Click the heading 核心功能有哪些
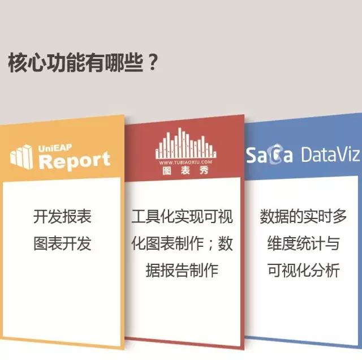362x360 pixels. click(x=75, y=63)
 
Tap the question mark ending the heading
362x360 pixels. click(x=152, y=63)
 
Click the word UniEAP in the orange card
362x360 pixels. click(x=55, y=148)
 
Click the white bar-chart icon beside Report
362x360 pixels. click(x=21, y=156)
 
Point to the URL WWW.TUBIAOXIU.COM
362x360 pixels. click(x=186, y=162)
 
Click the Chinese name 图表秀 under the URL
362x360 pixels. click(x=186, y=170)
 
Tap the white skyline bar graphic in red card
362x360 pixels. click(x=186, y=143)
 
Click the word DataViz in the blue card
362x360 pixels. click(x=330, y=154)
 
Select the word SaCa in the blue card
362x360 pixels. click(x=269, y=155)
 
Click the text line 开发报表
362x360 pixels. click(x=62, y=216)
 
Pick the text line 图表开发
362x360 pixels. click(x=62, y=243)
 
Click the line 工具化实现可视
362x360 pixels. click(x=182, y=216)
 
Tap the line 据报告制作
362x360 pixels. click(x=182, y=271)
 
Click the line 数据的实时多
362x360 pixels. click(x=303, y=216)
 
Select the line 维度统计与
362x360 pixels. click(x=303, y=243)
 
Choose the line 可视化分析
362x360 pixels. click(x=303, y=271)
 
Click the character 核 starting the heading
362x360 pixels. click(x=18, y=63)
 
